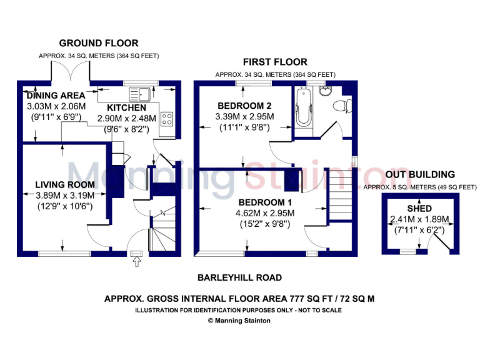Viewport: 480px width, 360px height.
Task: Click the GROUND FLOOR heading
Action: tap(99, 43)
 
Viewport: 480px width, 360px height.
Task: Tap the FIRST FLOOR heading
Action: tap(275, 62)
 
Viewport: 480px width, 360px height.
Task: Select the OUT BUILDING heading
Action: tap(419, 174)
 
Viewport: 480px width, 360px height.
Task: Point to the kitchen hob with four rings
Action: tap(167, 119)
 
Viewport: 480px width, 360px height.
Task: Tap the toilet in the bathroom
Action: tap(340, 105)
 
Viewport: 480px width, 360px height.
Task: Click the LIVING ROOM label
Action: tap(65, 184)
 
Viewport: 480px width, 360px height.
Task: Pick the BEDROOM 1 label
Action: tap(264, 202)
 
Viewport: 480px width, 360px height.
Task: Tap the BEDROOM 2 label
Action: tap(244, 104)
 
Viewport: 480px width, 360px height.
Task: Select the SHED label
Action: tap(419, 208)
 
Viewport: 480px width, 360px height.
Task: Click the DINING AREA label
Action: tap(56, 96)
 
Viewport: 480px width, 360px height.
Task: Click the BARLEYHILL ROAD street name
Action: tap(239, 277)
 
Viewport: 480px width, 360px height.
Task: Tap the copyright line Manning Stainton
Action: tap(239, 321)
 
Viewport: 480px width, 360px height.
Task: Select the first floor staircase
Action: tap(341, 196)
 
